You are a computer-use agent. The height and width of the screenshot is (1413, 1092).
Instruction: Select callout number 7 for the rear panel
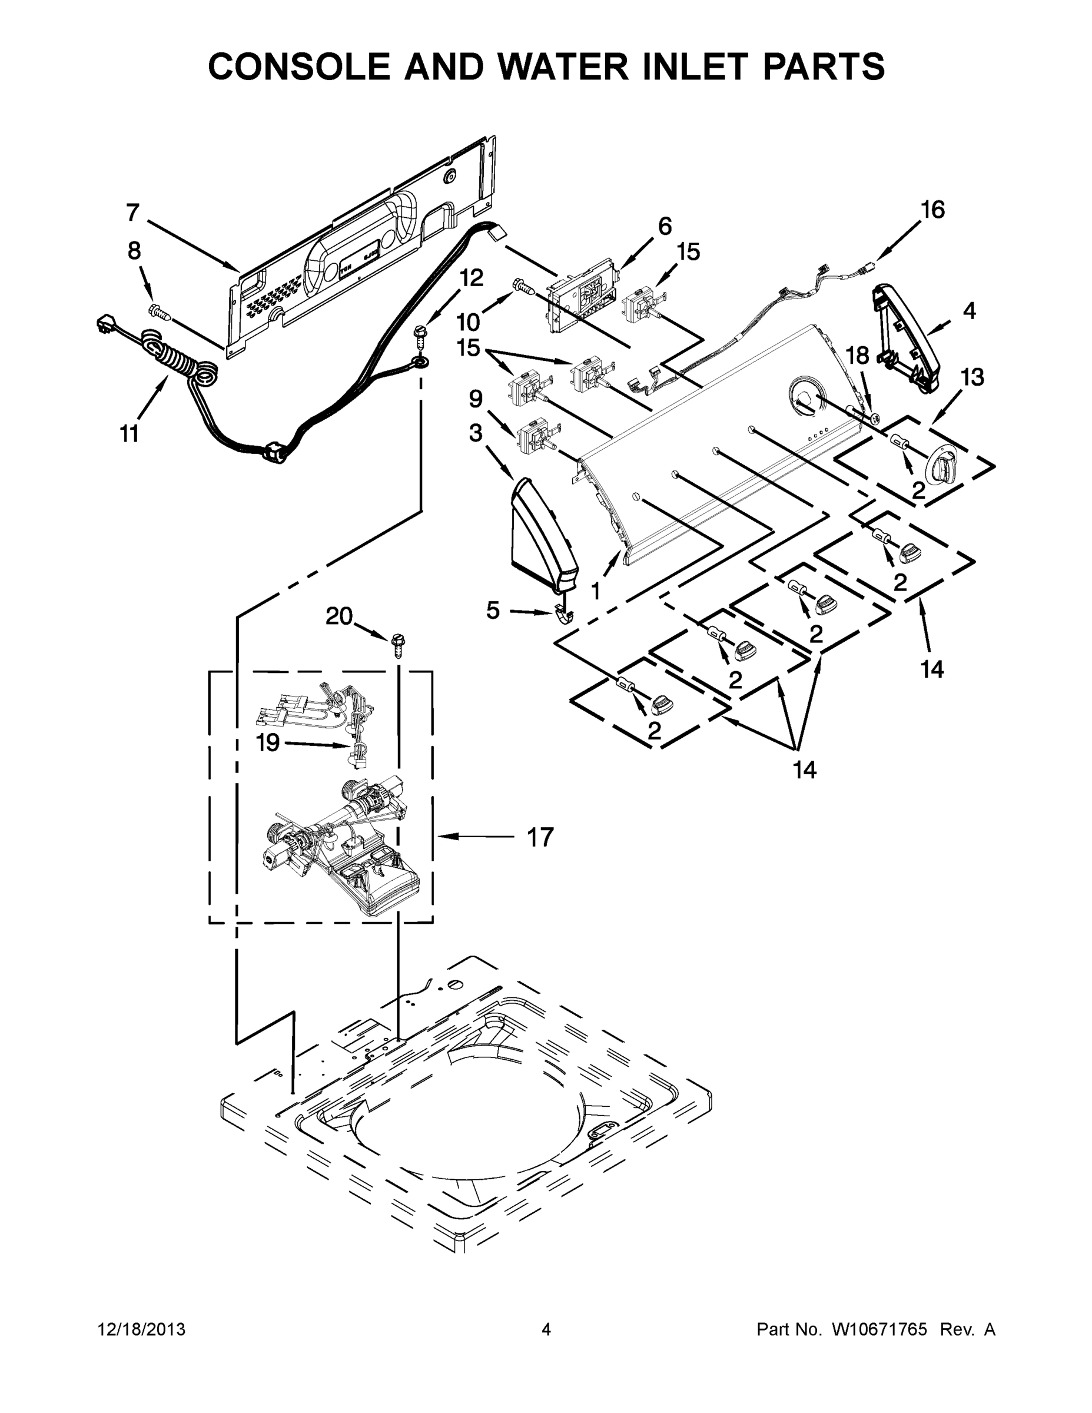pos(132,212)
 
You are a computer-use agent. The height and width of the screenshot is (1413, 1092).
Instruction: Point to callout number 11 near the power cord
pos(130,433)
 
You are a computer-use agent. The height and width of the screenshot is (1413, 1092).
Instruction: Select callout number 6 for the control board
pos(665,226)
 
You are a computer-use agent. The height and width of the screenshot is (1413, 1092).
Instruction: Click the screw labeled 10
pos(523,286)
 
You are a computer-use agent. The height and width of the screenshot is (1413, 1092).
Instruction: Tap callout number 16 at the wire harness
pos(932,210)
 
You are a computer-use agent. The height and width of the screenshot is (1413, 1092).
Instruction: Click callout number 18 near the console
pos(858,355)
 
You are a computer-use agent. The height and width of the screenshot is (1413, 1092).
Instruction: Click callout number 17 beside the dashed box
pos(540,837)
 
